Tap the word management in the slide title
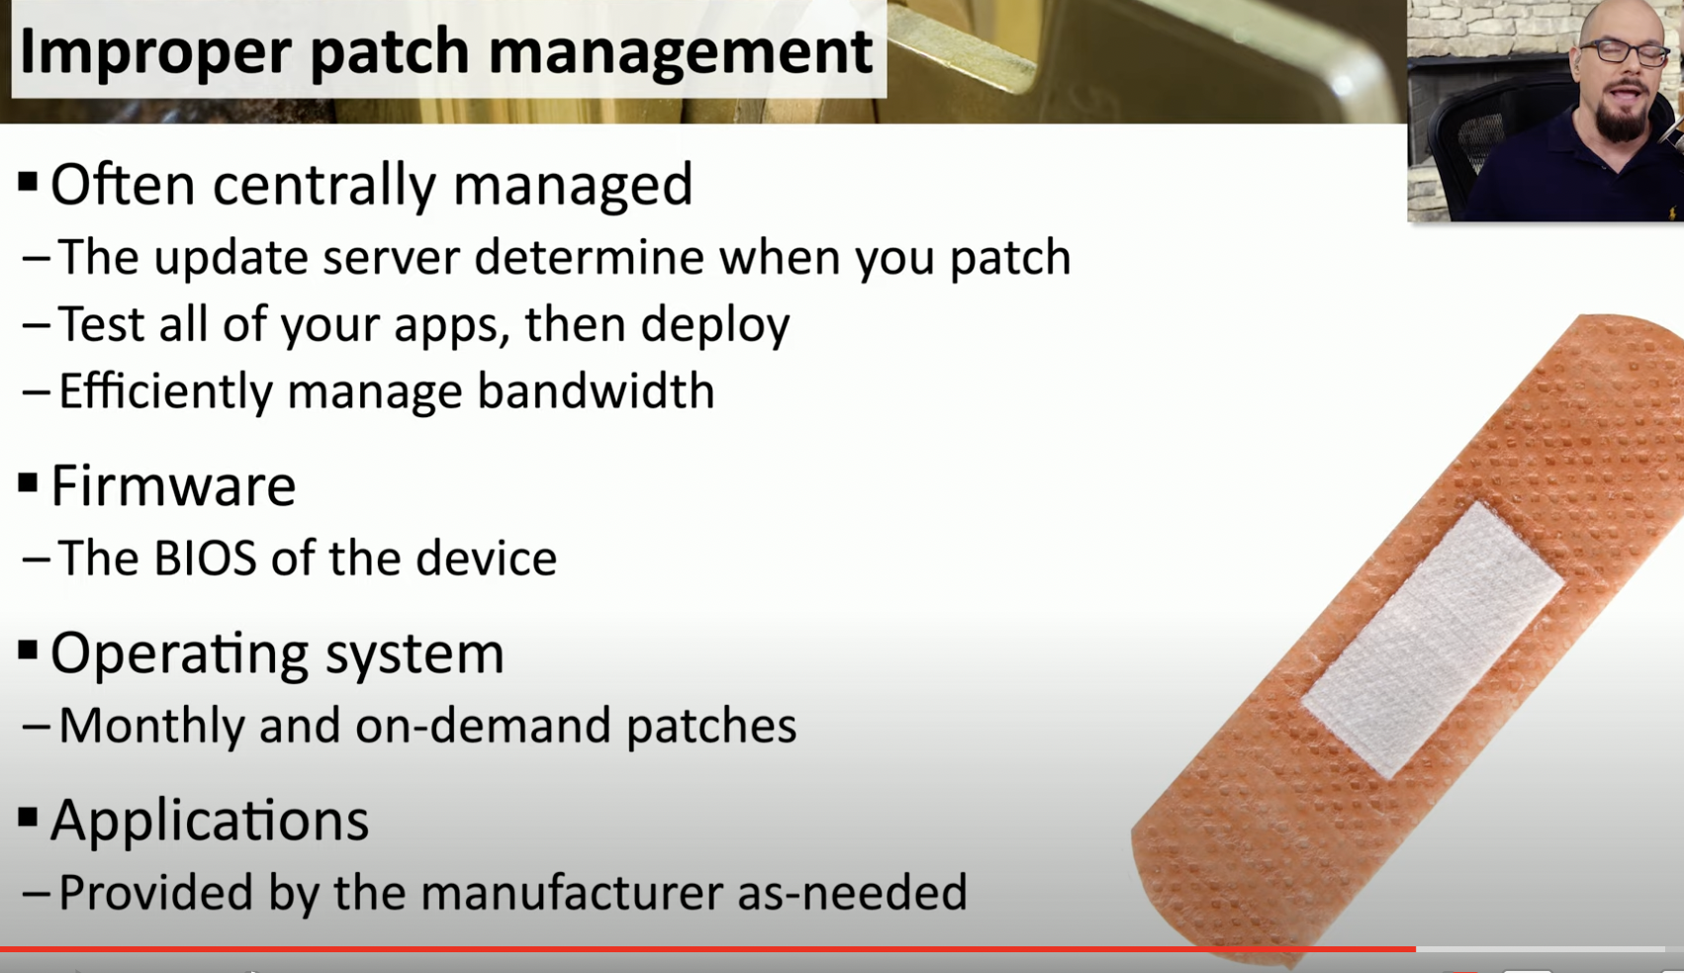pyautogui.click(x=681, y=52)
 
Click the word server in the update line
pyautogui.click(x=391, y=258)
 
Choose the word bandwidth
pyautogui.click(x=596, y=392)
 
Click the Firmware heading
pyautogui.click(x=173, y=486)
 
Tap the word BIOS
pyautogui.click(x=205, y=559)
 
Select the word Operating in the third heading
pyautogui.click(x=180, y=654)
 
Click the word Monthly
pyautogui.click(x=151, y=727)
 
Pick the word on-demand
pyautogui.click(x=483, y=726)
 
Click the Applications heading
pyautogui.click(x=210, y=821)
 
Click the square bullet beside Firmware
pyautogui.click(x=28, y=484)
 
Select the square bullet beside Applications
pyautogui.click(x=28, y=818)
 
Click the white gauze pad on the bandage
pyautogui.click(x=1433, y=640)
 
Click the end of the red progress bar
pyautogui.click(x=1415, y=949)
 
